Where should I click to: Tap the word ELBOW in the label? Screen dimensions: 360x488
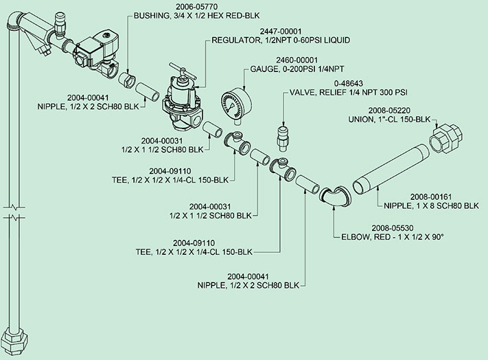pos(357,236)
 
